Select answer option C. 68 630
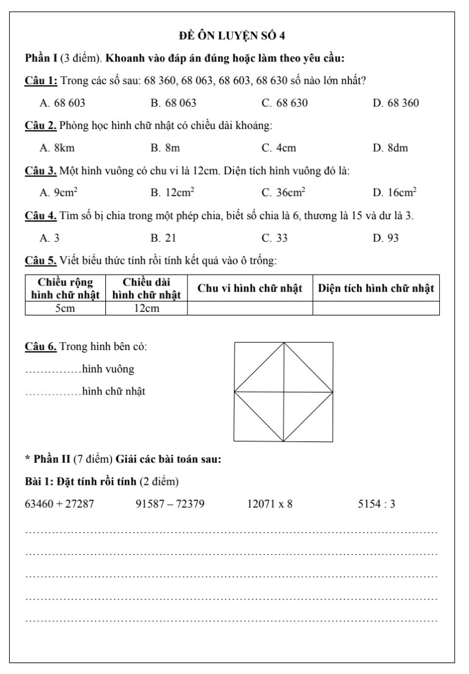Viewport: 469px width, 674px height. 284,103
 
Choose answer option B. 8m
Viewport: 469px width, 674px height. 165,147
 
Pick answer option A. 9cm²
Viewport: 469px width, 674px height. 58,192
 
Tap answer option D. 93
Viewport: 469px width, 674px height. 386,237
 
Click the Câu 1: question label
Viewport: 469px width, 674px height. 41,80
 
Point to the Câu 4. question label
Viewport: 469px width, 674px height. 41,216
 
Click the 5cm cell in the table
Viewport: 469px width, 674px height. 65,309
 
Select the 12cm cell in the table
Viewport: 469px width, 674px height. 146,309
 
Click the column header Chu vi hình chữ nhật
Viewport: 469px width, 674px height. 250,289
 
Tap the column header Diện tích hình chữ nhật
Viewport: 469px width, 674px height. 376,289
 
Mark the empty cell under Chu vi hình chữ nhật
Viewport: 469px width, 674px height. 250,309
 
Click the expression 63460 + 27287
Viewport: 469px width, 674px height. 59,504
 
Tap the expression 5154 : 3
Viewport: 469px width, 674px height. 377,504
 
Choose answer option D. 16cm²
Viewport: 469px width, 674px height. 395,192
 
